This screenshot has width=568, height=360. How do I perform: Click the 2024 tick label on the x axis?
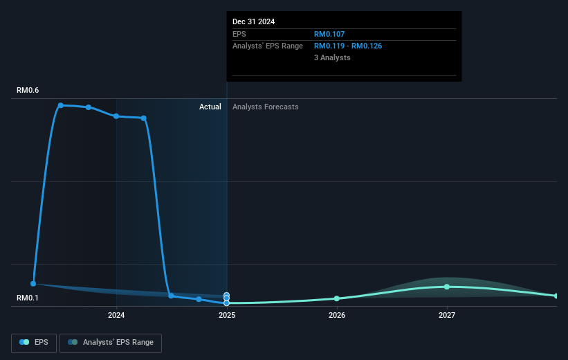(x=116, y=315)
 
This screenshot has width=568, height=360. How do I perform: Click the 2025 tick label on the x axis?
(x=227, y=315)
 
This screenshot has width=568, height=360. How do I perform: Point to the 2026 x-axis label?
(x=337, y=315)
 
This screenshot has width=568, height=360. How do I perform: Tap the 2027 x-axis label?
(x=447, y=315)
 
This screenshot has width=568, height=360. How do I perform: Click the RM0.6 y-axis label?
(x=28, y=90)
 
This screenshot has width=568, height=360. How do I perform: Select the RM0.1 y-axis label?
(x=28, y=298)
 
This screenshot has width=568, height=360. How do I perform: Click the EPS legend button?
(x=34, y=343)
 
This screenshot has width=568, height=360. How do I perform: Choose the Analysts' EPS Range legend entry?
(x=111, y=343)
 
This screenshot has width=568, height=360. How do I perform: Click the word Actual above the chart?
(x=210, y=107)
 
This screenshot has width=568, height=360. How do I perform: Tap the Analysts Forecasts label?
(x=266, y=107)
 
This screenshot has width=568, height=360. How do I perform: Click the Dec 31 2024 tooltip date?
(x=254, y=21)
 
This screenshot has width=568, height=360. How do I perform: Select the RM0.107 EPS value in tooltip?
(x=329, y=34)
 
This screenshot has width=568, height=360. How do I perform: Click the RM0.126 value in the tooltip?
(x=367, y=46)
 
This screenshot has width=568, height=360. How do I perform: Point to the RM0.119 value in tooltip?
(x=329, y=46)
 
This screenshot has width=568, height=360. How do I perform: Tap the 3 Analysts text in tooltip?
(x=332, y=57)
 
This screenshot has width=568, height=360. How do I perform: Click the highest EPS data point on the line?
(x=61, y=105)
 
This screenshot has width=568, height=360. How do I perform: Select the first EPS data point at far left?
(x=33, y=284)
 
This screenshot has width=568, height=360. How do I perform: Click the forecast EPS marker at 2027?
(x=447, y=287)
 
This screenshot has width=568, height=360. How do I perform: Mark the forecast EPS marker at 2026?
(x=337, y=298)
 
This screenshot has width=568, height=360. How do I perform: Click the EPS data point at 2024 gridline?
(x=116, y=116)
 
